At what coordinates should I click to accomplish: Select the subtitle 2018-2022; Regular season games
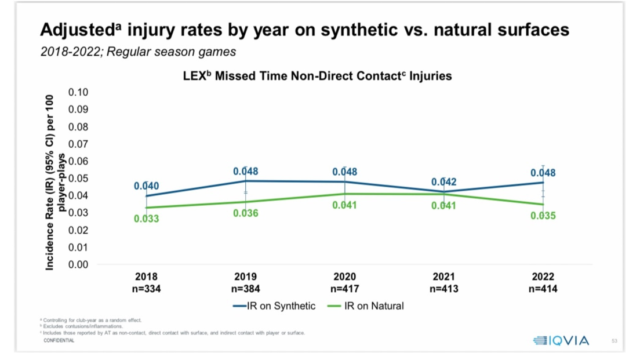pos(138,52)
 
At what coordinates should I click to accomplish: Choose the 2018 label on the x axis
pos(146,277)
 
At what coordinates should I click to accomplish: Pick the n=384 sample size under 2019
pos(245,288)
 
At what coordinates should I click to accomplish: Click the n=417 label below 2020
pos(344,288)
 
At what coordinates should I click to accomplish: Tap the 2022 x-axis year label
pos(543,277)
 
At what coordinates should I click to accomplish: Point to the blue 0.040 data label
pos(146,186)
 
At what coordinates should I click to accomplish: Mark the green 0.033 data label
pos(146,219)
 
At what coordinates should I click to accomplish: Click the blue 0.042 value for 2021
pos(443,182)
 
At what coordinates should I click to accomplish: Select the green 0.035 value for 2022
pos(543,216)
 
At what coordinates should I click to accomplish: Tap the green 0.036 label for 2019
pos(246,213)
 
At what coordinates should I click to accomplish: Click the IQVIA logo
pos(561,341)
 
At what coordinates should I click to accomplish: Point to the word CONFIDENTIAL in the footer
pos(59,341)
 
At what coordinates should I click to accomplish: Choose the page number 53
pos(614,341)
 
